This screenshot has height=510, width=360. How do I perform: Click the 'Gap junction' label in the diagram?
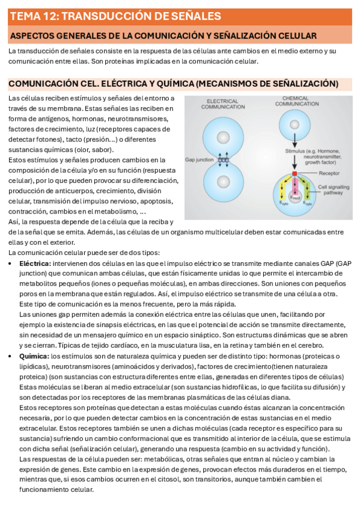199,161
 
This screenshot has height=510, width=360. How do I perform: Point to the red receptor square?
295,173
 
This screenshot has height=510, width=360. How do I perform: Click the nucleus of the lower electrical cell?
223,182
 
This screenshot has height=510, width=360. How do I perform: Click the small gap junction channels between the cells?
223,160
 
